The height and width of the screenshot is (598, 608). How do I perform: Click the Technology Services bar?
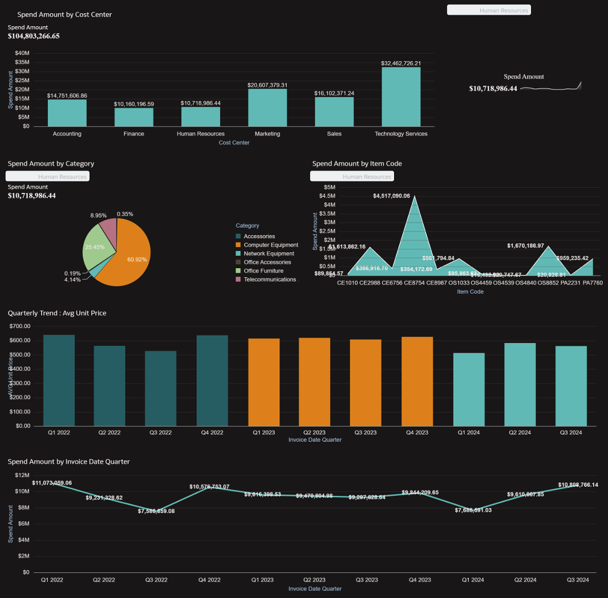point(401,97)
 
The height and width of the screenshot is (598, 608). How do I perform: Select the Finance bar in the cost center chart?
point(133,117)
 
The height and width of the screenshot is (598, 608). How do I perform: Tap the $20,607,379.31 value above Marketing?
point(267,85)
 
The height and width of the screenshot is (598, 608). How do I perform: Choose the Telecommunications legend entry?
point(270,280)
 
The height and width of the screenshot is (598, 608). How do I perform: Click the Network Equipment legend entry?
point(269,253)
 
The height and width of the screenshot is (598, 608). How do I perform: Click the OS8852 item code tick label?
point(548,282)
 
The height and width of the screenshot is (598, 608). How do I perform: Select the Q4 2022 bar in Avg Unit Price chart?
point(212,381)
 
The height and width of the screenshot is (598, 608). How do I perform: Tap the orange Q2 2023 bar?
point(314,382)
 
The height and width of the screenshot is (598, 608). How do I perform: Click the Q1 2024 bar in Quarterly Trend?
point(469,389)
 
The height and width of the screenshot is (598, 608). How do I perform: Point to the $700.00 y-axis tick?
point(20,326)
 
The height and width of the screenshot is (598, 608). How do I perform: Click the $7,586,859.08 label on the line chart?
point(156,511)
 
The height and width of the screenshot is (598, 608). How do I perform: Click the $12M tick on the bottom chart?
point(22,475)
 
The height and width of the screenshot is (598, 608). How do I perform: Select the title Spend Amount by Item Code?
point(357,164)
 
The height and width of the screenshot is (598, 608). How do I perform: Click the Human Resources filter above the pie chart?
point(48,176)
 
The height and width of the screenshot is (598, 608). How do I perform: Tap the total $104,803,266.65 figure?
point(34,37)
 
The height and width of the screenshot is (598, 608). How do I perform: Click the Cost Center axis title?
point(234,143)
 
